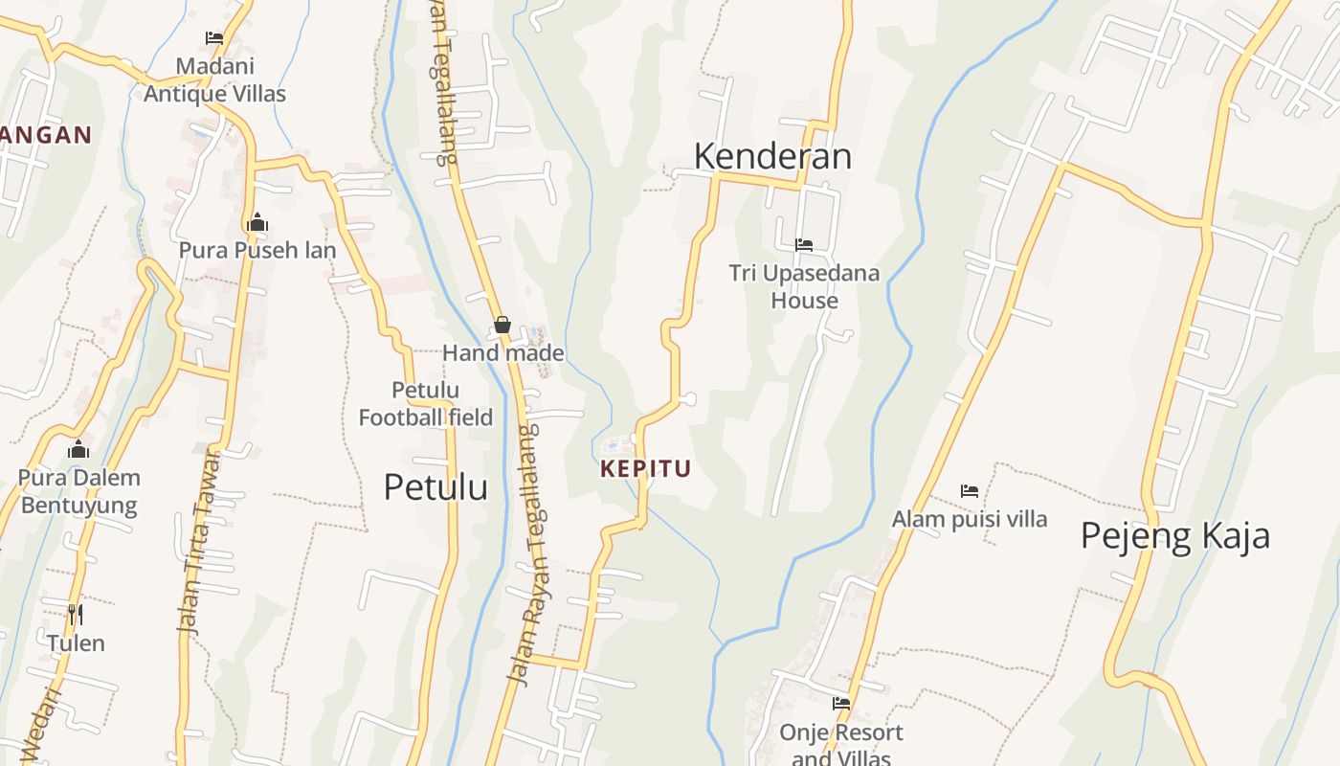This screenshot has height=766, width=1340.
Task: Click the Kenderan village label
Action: (771, 156)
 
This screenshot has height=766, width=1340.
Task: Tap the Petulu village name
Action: (435, 486)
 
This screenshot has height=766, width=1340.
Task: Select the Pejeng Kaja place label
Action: (1174, 535)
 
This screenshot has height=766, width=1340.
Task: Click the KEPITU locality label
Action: (645, 469)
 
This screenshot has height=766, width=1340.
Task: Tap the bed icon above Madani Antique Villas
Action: (214, 38)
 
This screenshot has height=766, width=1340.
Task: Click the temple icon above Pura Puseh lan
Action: (257, 223)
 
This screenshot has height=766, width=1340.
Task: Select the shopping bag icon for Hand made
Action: (502, 326)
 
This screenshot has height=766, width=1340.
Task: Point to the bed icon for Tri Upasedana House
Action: (804, 245)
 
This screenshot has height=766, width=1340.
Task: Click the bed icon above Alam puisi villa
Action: (970, 491)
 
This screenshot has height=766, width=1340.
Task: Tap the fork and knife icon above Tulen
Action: (76, 614)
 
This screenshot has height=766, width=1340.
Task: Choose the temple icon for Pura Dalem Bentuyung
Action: (78, 449)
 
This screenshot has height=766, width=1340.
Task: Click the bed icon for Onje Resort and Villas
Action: (841, 703)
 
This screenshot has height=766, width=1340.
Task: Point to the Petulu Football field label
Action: (426, 404)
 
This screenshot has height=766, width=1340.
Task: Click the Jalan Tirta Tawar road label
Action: (199, 541)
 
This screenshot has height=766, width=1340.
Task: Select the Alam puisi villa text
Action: (970, 519)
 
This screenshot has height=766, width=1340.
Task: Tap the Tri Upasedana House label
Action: (804, 286)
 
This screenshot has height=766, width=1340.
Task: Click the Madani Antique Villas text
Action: (214, 80)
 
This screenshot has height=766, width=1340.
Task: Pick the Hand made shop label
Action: (502, 353)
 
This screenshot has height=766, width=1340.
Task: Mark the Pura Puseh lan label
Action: (257, 251)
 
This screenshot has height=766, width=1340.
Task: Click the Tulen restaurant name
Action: (76, 642)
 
